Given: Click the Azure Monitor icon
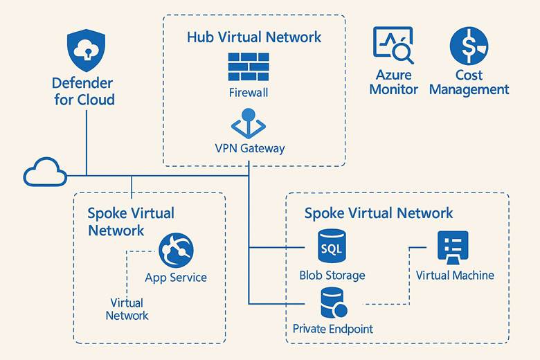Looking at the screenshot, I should coord(393,46).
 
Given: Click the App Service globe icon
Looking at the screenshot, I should coord(176,250).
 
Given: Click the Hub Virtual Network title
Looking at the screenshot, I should coord(254,37).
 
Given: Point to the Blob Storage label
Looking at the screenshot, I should coord(332,275).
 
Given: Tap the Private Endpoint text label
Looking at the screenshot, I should coord(333,329).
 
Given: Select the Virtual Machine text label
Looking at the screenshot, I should coord(455,275).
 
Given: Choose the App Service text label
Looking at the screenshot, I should coord(176,278).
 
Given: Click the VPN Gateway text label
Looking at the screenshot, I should coord(250,147).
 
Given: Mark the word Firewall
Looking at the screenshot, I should coord(248,91).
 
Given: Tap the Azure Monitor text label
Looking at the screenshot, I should coord(393,82).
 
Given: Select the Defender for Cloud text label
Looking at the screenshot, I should coord(83,91).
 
